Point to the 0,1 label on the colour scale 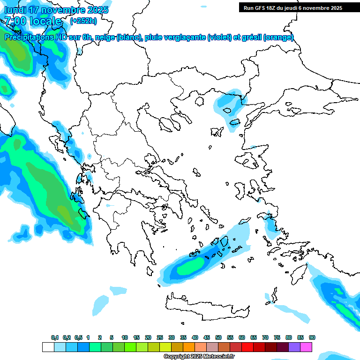pyautogui.click(x=55, y=337)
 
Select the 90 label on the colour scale pyautogui.click(x=312, y=337)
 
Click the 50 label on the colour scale pyautogui.click(x=218, y=337)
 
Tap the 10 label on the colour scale pyautogui.click(x=125, y=337)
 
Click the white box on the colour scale pyautogui.click(x=48, y=347)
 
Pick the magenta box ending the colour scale pyautogui.click(x=306, y=347)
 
